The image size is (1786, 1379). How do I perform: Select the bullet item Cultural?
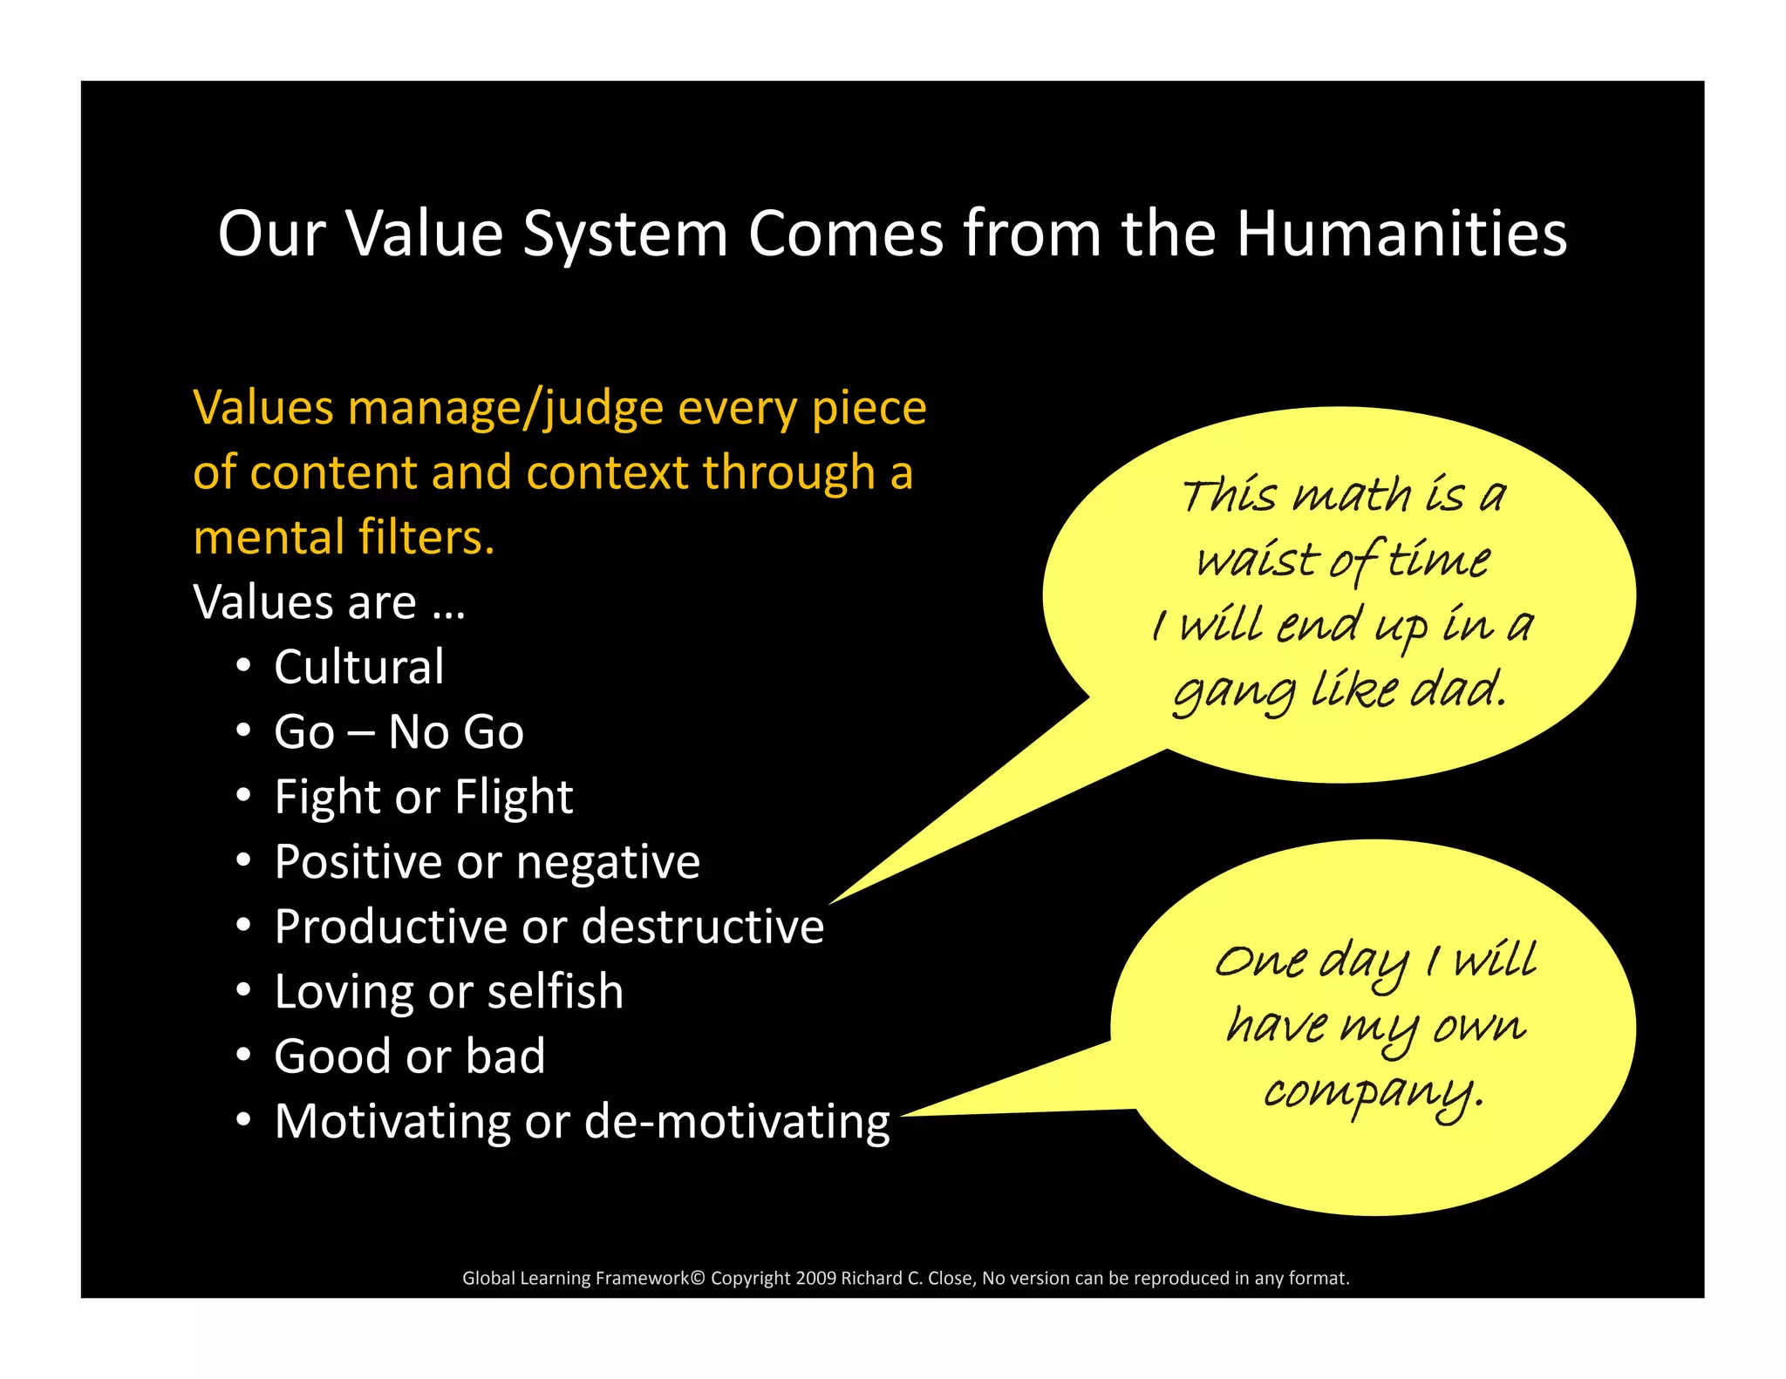coord(359,667)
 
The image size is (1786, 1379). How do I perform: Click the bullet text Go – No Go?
coord(399,731)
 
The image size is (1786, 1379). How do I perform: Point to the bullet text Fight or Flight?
coord(424,797)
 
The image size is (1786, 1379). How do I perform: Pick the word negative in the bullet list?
coord(608,861)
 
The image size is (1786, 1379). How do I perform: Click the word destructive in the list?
coord(703,926)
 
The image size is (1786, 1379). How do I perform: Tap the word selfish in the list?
coord(556,991)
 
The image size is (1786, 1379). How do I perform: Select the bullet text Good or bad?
coord(410,1056)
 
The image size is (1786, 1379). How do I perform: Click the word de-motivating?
coord(737,1121)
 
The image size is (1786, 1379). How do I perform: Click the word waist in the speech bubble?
coord(1256,559)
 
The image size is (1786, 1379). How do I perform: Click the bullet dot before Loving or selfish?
coord(244,991)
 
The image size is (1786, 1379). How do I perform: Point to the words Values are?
coord(305,602)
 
